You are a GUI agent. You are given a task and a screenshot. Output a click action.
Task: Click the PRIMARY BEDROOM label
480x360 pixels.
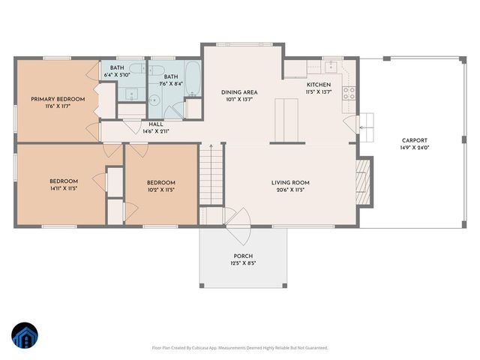point(57,99)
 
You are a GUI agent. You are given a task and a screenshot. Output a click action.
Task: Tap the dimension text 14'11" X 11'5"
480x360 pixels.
point(64,189)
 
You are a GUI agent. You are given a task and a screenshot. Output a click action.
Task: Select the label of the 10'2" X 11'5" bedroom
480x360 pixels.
point(160,183)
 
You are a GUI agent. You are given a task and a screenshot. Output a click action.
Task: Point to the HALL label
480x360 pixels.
point(155,124)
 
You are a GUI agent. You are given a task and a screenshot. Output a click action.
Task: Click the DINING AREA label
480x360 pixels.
point(240,92)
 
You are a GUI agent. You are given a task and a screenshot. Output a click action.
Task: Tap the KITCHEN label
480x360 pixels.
point(318,85)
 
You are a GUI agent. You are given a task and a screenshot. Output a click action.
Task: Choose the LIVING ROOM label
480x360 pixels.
point(290,182)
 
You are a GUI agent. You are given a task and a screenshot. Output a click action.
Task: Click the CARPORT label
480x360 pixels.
point(414,140)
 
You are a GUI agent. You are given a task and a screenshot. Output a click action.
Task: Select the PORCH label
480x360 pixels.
point(243,256)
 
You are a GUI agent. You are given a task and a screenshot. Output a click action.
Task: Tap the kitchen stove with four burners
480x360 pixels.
point(349,94)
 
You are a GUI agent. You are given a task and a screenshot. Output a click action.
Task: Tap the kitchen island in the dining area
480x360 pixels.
point(283,120)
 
